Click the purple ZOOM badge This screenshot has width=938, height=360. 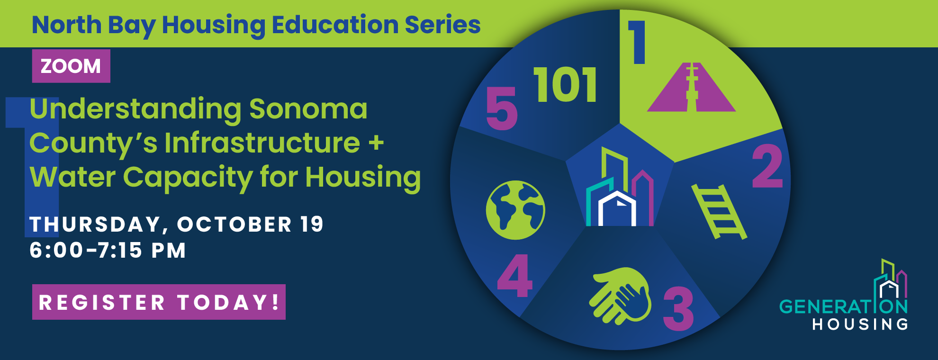(x=71, y=66)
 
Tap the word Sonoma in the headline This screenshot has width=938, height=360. (x=308, y=109)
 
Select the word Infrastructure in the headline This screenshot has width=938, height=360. (x=262, y=143)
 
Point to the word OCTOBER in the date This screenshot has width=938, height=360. (x=234, y=224)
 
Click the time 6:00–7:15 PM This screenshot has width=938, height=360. (x=108, y=250)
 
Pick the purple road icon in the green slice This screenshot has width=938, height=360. (x=691, y=87)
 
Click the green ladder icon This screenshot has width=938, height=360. (x=719, y=211)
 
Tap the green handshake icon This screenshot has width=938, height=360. (x=620, y=296)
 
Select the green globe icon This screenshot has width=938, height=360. (x=515, y=210)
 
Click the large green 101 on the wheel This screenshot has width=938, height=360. (x=565, y=85)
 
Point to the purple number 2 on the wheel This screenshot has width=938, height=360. (x=767, y=166)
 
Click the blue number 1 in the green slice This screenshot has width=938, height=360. (x=637, y=42)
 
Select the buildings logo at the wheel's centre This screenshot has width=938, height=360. (x=620, y=187)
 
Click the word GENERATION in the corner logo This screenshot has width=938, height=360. (x=843, y=306)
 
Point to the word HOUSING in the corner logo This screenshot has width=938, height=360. (x=860, y=324)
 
